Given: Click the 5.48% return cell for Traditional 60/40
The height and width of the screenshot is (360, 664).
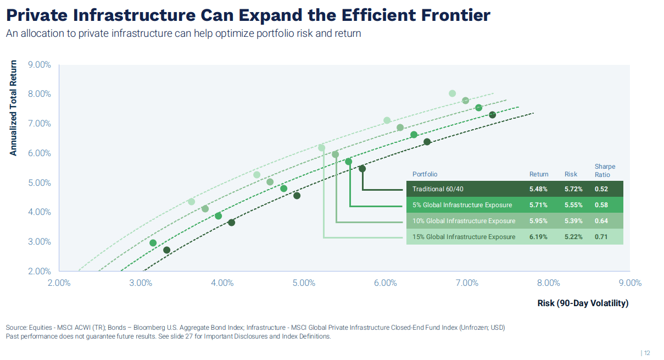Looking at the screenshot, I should click(539, 189).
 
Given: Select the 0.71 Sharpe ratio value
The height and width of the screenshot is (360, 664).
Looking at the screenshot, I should click(601, 237).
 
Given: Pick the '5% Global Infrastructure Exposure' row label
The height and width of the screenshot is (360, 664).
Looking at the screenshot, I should click(462, 205).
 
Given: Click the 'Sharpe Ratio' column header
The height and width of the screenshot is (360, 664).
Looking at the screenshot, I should click(605, 170).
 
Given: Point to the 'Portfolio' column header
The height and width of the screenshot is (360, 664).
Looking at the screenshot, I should click(425, 174).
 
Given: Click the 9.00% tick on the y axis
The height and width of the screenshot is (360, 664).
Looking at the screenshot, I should click(40, 65).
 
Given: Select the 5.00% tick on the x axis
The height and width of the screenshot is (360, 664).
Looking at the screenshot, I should click(304, 283).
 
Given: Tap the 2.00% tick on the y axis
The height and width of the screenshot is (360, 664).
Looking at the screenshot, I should click(40, 271).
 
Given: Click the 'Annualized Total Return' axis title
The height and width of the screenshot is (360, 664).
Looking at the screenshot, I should click(14, 108).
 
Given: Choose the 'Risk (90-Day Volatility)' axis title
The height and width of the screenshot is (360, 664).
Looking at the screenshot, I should click(583, 303).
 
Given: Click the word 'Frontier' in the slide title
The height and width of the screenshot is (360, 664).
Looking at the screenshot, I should click(443, 15).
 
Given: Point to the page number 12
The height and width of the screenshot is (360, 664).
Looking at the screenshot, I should click(647, 352).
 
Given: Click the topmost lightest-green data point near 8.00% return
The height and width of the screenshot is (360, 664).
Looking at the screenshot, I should click(452, 93).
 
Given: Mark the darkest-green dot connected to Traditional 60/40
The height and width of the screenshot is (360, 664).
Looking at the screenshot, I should click(362, 169).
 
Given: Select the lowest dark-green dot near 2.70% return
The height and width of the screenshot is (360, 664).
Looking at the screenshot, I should click(166, 250).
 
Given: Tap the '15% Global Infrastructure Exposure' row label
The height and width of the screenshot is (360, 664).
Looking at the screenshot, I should click(464, 237).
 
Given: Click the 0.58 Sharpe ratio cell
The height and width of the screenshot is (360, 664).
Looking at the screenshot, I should click(601, 205).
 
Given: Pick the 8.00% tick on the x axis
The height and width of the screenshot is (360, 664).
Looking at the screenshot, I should click(548, 283).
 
